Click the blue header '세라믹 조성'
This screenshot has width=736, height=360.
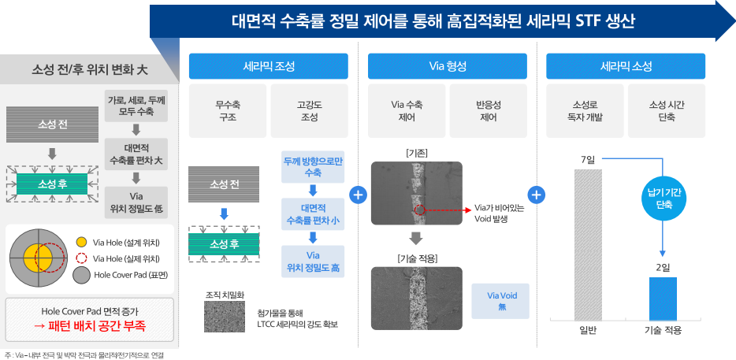pos(268,66)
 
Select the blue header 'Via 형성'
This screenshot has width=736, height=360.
pos(447,66)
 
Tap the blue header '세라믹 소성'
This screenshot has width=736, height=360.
pos(626,66)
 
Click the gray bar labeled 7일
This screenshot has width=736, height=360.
pos(588,244)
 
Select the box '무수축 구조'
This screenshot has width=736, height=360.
pos(227,110)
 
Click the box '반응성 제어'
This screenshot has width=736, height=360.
pos(488,110)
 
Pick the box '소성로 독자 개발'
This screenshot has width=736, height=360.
pos(586,110)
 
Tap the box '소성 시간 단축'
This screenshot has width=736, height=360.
pos(667,110)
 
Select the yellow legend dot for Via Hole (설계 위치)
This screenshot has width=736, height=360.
pos(82,242)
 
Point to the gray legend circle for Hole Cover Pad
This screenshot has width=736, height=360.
pos(81,275)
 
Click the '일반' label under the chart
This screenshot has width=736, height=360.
pos(588,331)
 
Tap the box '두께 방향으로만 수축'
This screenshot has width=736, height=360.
pos(312,166)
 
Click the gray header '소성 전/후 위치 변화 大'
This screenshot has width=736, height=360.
pos(88,69)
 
